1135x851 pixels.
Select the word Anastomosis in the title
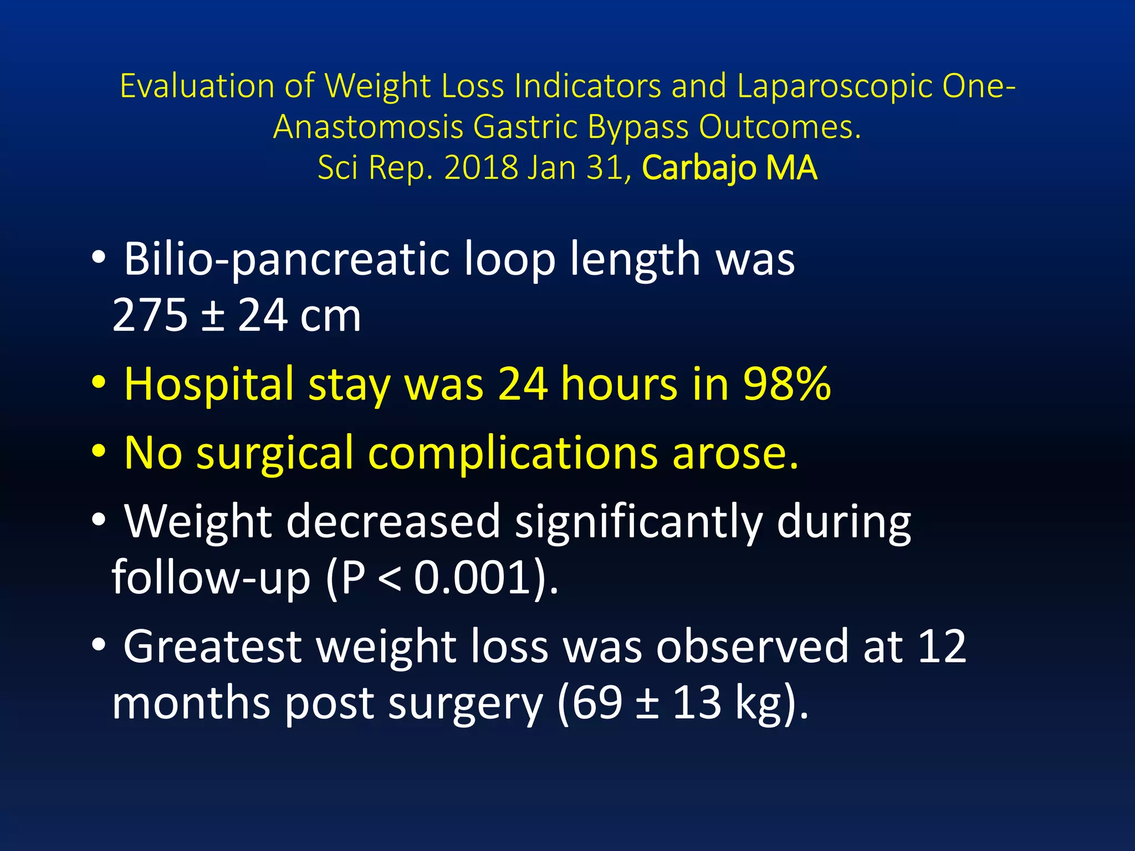tap(368, 127)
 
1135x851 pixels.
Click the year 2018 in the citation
tap(480, 167)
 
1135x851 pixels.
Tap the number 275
tap(150, 315)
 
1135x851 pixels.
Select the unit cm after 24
tap(330, 316)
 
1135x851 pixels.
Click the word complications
tap(513, 453)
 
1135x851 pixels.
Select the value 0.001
tap(471, 578)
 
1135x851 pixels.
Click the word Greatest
tap(212, 647)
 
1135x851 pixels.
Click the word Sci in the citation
tap(338, 167)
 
